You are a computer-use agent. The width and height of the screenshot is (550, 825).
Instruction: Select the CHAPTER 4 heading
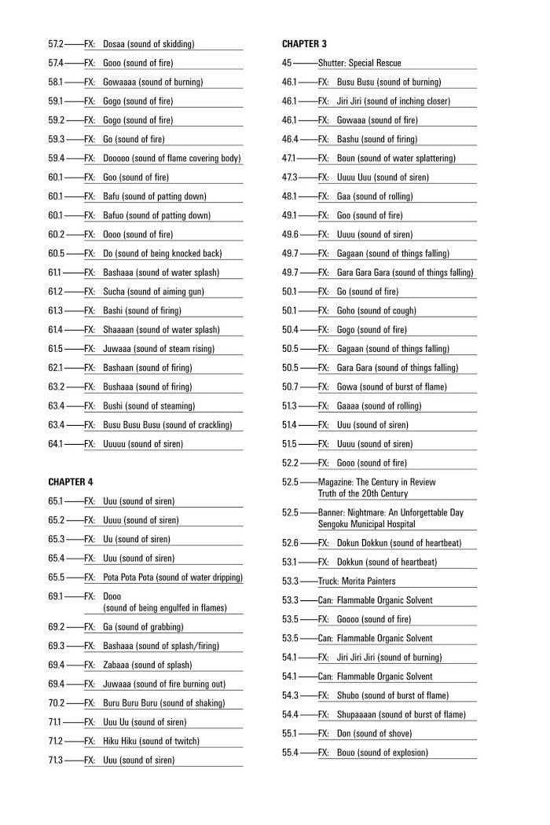[x=70, y=482]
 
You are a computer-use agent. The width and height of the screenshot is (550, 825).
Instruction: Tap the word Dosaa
[x=115, y=44]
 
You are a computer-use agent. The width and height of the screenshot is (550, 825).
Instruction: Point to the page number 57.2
[x=56, y=44]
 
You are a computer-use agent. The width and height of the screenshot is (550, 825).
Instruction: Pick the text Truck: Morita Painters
[x=357, y=581]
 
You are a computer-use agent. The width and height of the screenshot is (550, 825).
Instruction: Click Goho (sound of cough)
[x=376, y=310]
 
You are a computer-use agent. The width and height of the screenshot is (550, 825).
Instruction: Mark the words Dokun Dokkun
[x=365, y=543]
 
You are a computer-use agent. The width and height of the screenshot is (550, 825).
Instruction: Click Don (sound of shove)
[x=374, y=734]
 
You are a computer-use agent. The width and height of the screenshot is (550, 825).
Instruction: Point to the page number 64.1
[x=56, y=444]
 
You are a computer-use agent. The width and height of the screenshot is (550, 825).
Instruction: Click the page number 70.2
[x=56, y=703]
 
